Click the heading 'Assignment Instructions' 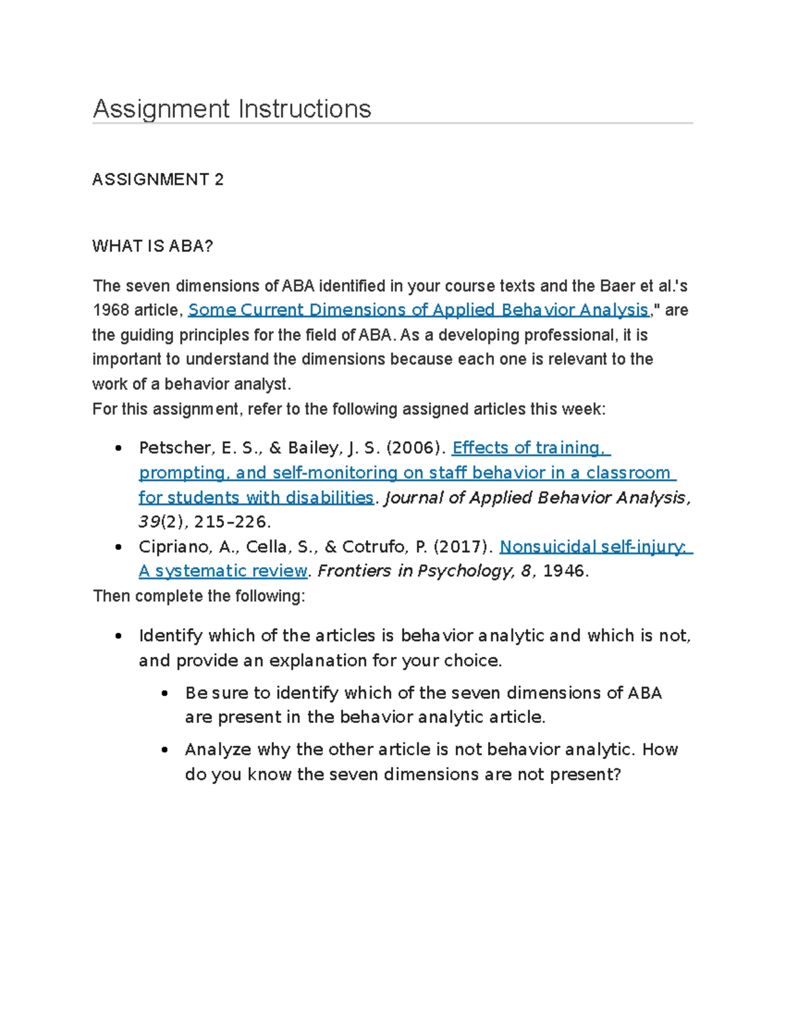[232, 109]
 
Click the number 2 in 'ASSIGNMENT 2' [219, 180]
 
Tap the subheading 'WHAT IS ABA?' [153, 246]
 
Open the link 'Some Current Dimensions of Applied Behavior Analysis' [418, 310]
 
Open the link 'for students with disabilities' [255, 498]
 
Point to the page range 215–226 [232, 522]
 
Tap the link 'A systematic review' [223, 572]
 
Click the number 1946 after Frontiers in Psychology [564, 572]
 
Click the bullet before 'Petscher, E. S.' [118, 449]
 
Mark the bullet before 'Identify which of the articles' [118, 636]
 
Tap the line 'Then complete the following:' [198, 597]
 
